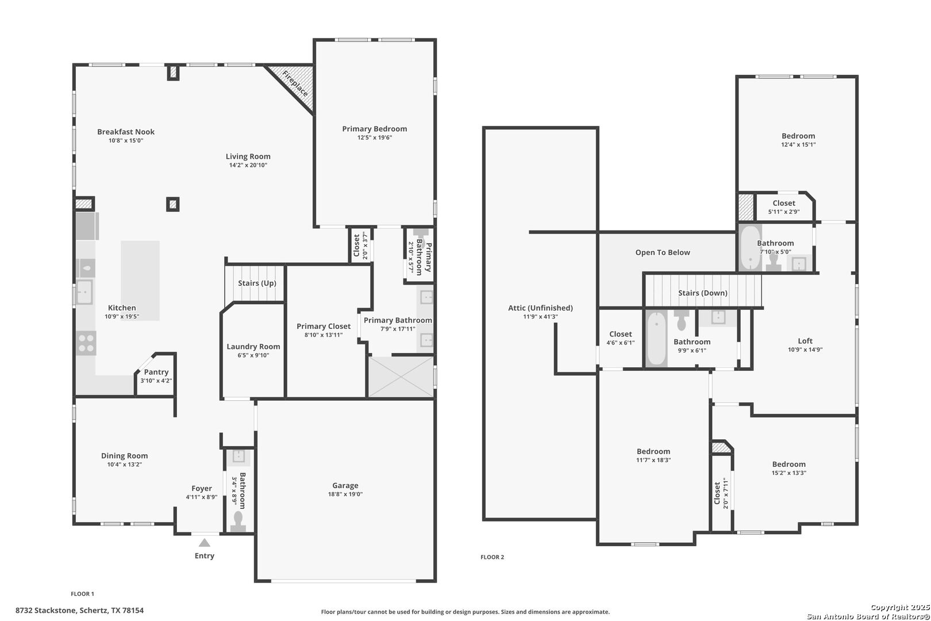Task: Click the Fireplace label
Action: pos(295,83)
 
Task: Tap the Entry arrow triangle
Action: pos(204,543)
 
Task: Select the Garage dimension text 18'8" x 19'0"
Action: pos(345,494)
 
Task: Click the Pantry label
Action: pos(156,372)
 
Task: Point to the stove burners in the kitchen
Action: pos(86,343)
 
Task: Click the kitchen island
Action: pos(140,281)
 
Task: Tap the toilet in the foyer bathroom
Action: pos(238,521)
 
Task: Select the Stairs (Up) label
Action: pos(257,283)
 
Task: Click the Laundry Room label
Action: pos(253,347)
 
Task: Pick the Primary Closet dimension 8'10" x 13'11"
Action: pos(324,335)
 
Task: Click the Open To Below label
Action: pos(663,252)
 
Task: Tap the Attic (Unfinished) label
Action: pos(540,308)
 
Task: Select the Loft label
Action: pos(805,340)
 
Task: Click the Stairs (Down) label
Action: pos(703,293)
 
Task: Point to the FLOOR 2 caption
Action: pos(492,557)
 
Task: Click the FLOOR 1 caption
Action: pos(82,593)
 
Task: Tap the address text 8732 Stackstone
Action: pos(46,610)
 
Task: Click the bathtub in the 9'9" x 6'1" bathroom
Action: pos(657,339)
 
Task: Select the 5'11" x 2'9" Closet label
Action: pos(784,203)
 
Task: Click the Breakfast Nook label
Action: pos(126,132)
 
